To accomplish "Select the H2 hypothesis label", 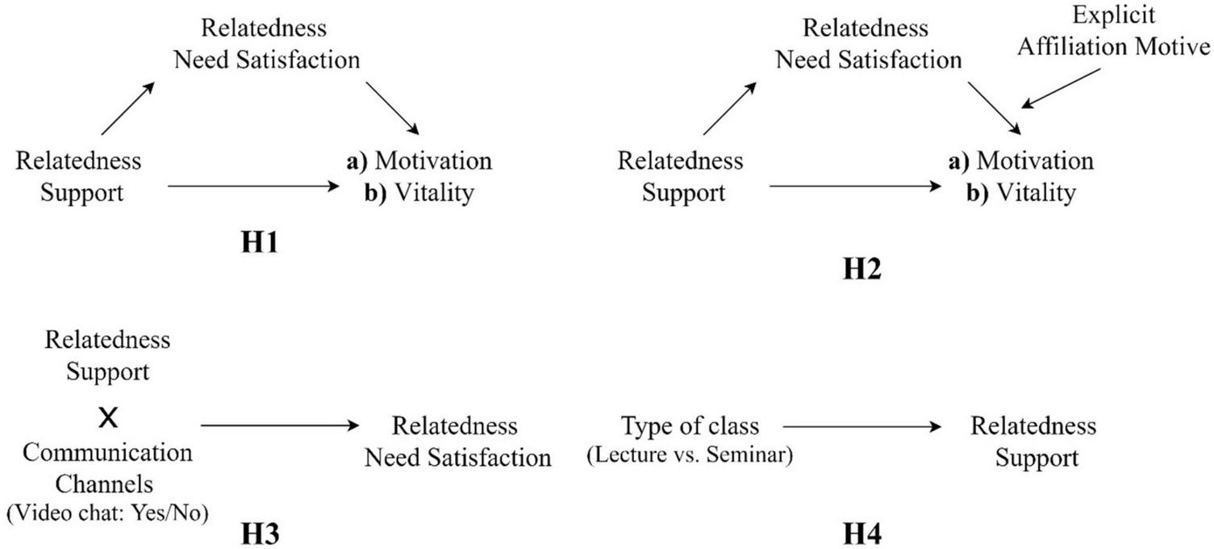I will pos(862,269).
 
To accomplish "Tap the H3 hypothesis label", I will pos(261,534).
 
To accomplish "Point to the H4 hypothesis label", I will pos(862,534).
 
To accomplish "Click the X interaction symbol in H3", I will pos(107,417).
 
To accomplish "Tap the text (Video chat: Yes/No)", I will pos(107,513).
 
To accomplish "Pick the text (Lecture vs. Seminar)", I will pos(690,455).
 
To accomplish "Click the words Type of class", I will pos(690,425).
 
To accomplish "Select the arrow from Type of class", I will pos(862,426).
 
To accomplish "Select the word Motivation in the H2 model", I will pos(1035,161).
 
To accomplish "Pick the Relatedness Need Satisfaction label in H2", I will pos(870,44).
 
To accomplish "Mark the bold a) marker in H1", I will pos(357,161).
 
